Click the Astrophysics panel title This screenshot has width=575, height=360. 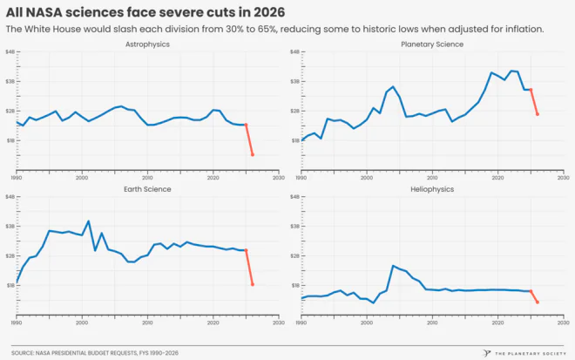[146, 44]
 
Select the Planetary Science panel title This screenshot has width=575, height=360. [431, 44]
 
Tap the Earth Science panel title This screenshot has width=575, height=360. [146, 188]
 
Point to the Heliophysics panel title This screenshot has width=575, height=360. [431, 188]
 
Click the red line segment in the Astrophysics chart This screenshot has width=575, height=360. [249, 139]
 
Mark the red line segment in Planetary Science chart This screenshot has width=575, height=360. [534, 102]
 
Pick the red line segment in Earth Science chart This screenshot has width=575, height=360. [249, 267]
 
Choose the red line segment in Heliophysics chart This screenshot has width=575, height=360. [534, 296]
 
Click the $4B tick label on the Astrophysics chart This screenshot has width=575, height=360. [11, 52]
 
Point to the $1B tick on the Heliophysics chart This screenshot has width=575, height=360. [296, 285]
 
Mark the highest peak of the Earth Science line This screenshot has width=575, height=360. [88, 221]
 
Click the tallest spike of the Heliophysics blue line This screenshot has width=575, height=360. [394, 266]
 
